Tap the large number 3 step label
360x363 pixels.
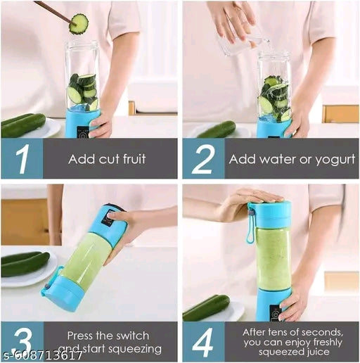[22, 341]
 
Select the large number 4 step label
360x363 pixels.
[203, 341]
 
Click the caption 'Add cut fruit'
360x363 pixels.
[107, 159]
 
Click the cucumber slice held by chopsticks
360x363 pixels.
[78, 23]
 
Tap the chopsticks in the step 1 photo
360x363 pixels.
[53, 11]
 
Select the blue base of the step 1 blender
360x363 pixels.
[82, 124]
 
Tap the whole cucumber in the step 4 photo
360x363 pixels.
[206, 307]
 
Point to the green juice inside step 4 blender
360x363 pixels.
[272, 257]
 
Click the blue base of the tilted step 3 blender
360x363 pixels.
[63, 293]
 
